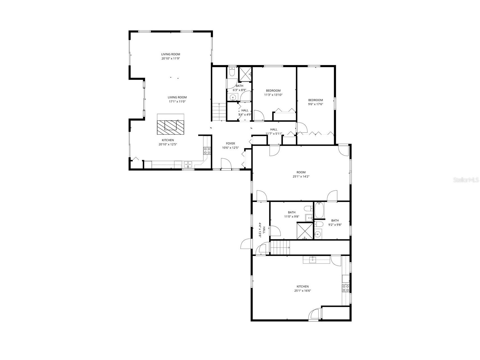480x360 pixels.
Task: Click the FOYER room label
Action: click(230, 143)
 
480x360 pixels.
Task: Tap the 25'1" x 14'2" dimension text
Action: click(301, 177)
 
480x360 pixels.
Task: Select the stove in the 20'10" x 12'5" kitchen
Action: click(207, 150)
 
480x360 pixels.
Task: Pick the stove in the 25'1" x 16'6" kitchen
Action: click(345, 288)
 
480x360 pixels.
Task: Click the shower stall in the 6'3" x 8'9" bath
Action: click(245, 74)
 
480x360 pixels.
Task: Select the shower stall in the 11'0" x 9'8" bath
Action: click(305, 231)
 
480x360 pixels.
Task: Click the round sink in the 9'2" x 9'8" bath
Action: click(318, 234)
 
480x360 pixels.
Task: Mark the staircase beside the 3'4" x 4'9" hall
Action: click(219, 111)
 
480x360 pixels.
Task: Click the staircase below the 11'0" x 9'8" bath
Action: click(280, 247)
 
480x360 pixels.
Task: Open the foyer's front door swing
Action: click(226, 164)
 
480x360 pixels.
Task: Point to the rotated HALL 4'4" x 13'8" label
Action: click(262, 230)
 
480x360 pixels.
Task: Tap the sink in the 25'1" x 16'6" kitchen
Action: click(312, 260)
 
